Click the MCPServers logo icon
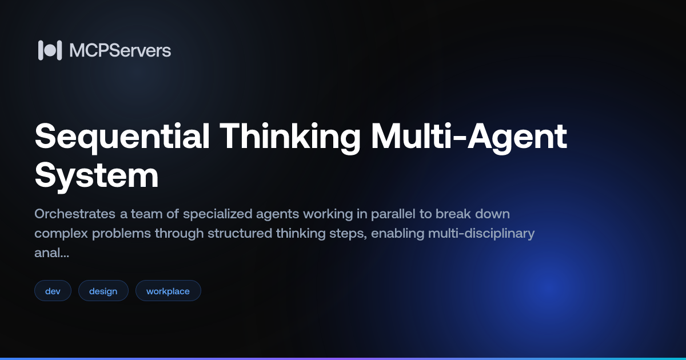50,50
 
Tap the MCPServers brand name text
120,50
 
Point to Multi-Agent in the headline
469,137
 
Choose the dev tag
53,291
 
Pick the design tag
103,291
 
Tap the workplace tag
168,291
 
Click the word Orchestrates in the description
75,214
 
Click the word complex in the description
61,234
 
